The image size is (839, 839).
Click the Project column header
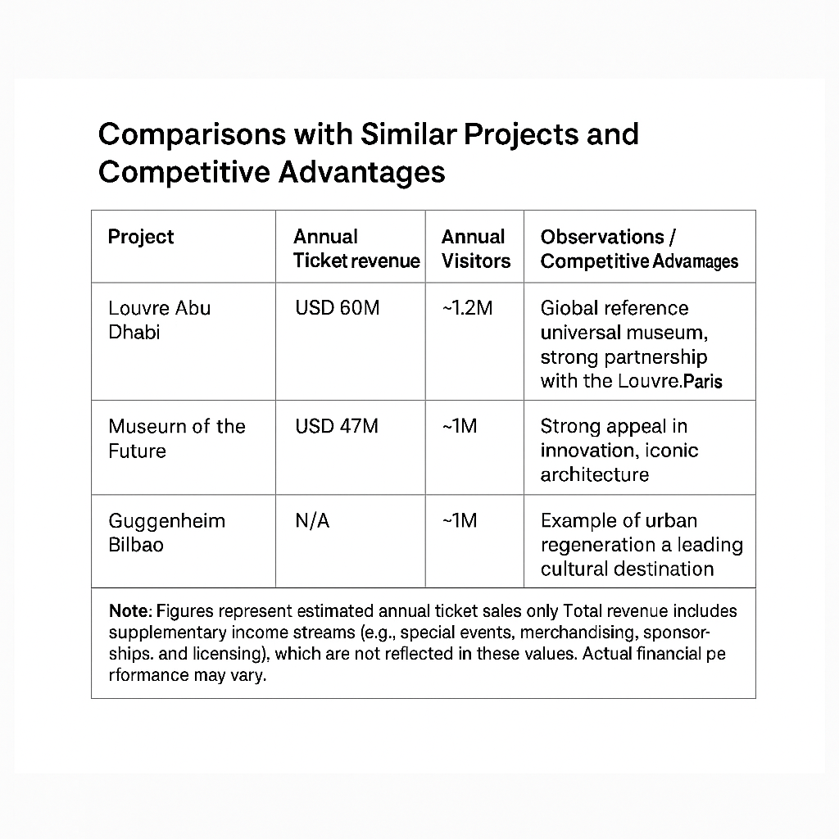click(141, 238)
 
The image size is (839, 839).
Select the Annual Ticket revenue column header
click(356, 249)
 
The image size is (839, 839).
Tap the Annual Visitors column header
click(475, 249)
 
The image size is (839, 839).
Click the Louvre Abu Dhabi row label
click(159, 320)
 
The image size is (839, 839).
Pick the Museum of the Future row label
click(176, 438)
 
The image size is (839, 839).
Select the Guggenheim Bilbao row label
click(166, 533)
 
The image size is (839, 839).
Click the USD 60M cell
click(337, 309)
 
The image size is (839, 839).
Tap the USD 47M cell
click(336, 427)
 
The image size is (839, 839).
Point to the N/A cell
click(311, 521)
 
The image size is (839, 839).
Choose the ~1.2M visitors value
click(467, 309)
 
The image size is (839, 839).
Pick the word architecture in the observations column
click(594, 474)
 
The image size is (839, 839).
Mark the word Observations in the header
click(603, 238)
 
